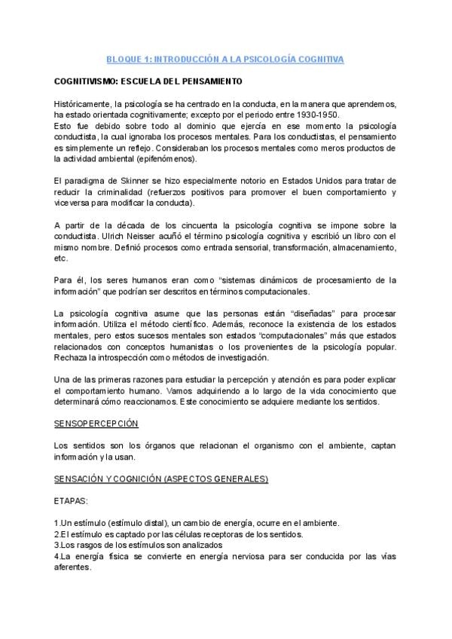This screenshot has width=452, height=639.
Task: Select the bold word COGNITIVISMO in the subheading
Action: point(84,80)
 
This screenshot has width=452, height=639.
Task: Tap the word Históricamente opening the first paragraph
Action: point(84,102)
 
